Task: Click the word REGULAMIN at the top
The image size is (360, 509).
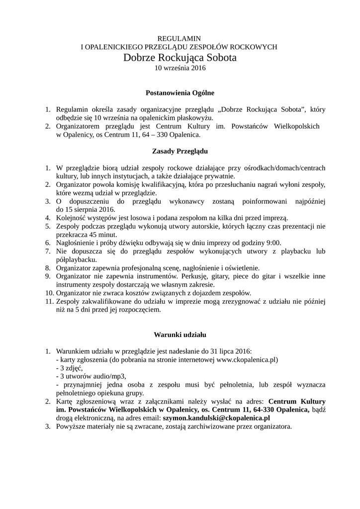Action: pyautogui.click(x=180, y=38)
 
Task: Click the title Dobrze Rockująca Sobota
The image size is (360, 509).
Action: pyautogui.click(x=180, y=58)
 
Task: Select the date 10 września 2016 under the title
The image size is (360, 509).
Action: pyautogui.click(x=180, y=68)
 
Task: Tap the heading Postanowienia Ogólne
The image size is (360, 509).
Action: pyautogui.click(x=180, y=92)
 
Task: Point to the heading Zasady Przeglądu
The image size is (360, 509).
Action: pyautogui.click(x=180, y=150)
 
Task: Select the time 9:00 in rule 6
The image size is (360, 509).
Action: pyautogui.click(x=273, y=243)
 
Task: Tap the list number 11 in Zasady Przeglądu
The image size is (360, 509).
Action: pyautogui.click(x=48, y=301)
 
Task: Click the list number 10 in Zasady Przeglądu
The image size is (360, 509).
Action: pyautogui.click(x=48, y=293)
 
